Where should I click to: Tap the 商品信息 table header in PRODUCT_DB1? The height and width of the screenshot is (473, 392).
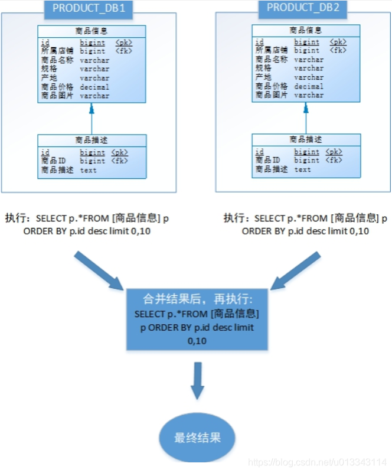pyautogui.click(x=92, y=31)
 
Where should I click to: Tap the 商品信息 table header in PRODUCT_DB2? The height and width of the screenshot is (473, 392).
pyautogui.click(x=306, y=30)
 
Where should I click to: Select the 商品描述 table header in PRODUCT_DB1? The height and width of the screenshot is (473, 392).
pyautogui.click(x=92, y=140)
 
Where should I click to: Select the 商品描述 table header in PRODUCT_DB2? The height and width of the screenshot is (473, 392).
pyautogui.click(x=306, y=139)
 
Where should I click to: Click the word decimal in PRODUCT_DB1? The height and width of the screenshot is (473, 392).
pyautogui.click(x=94, y=87)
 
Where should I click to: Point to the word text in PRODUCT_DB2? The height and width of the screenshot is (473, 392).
pyautogui.click(x=302, y=169)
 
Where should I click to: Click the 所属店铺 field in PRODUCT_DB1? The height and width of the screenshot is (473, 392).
pyautogui.click(x=57, y=51)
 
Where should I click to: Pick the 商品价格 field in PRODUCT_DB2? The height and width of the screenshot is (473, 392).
pyautogui.click(x=272, y=86)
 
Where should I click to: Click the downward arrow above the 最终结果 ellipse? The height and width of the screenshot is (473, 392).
pyautogui.click(x=197, y=381)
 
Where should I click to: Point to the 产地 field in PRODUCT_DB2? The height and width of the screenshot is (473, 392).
pyautogui.click(x=263, y=77)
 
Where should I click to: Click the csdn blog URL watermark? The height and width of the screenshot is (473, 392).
pyautogui.click(x=318, y=461)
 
